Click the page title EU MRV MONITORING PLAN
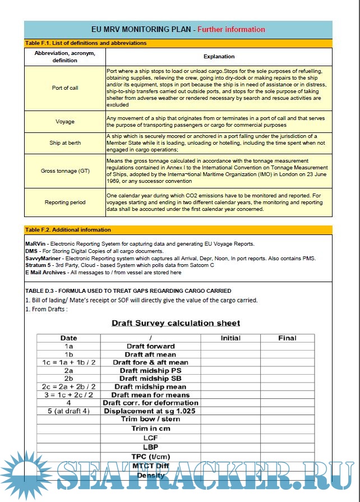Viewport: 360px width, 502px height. (142, 29)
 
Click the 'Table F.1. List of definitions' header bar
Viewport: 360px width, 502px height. (85, 43)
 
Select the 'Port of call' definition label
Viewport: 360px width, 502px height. (65, 88)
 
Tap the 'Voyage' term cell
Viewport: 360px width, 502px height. (65, 121)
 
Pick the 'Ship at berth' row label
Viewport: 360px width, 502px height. (65, 142)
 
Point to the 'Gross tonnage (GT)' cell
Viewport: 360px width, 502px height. (65, 171)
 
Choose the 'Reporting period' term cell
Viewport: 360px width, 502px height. (65, 202)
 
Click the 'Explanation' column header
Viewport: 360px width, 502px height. (219, 56)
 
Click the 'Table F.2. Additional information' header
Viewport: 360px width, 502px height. (68, 229)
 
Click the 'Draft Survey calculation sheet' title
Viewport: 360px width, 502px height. (176, 323)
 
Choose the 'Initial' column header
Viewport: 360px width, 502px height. (230, 338)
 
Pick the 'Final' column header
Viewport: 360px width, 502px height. (287, 338)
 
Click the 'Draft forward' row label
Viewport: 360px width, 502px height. (150, 346)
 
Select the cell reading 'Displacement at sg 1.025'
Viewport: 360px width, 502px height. (150, 411)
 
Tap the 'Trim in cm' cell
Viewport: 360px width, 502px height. (150, 429)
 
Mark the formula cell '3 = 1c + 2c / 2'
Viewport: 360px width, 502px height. (68, 394)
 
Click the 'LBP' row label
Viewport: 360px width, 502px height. (150, 447)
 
